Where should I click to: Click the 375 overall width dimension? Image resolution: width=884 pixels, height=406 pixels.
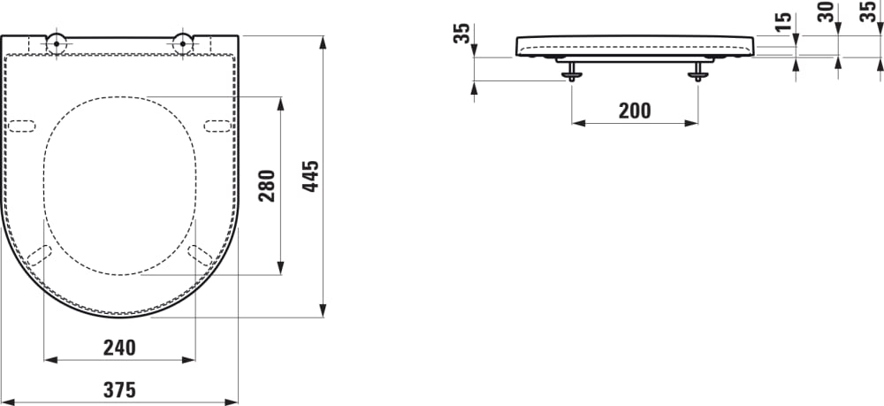(118, 387)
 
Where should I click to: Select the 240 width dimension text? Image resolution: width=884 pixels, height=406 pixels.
(119, 348)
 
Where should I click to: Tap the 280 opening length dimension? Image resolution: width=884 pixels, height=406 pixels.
(267, 185)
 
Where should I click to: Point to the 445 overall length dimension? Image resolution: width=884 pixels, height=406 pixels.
(310, 177)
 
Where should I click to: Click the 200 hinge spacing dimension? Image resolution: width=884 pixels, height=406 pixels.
(634, 111)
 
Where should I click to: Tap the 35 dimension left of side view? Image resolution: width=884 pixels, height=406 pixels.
(461, 34)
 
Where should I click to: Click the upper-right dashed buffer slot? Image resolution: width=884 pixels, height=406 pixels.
(217, 126)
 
